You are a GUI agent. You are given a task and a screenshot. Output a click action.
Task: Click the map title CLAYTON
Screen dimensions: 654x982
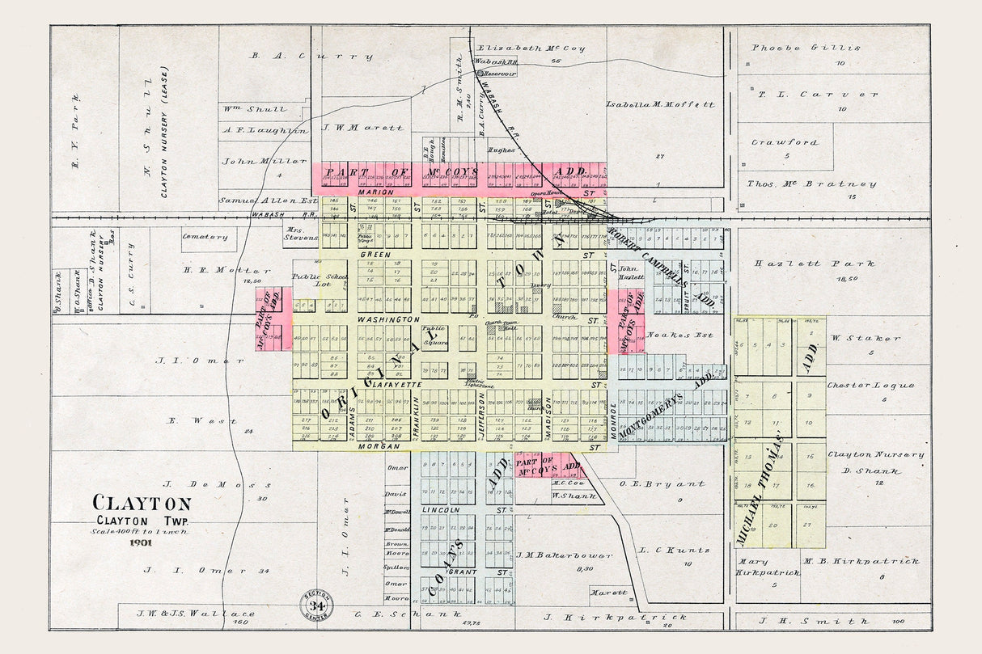point(142,504)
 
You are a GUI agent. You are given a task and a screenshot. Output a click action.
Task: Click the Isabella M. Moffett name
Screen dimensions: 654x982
point(661,105)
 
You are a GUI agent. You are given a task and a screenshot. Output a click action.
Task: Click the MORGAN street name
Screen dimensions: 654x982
point(380,446)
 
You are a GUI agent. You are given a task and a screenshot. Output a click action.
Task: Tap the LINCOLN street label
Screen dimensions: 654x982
point(441,510)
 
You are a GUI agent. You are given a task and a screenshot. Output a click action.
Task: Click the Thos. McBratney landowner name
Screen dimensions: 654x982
point(811,184)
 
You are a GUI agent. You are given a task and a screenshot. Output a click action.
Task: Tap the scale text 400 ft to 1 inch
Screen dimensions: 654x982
point(142,530)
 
